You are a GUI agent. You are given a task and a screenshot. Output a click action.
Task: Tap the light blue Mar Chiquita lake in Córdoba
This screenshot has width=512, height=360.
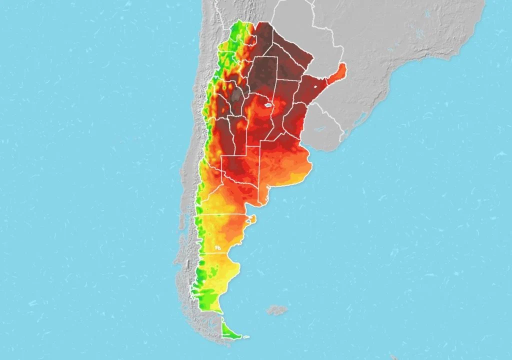click(x=267, y=105)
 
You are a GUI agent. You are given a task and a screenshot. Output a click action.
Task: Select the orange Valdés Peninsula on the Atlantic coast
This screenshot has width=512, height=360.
click(x=252, y=218)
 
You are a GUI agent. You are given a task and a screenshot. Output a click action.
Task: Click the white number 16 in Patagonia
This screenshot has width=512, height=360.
click(x=217, y=247)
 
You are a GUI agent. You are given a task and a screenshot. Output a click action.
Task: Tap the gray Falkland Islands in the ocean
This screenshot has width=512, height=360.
click(x=276, y=310)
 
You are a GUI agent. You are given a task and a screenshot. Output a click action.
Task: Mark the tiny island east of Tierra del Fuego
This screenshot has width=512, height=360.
click(x=245, y=338)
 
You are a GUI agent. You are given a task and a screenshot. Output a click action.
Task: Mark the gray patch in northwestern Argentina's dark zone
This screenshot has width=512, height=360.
click(x=235, y=93)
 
